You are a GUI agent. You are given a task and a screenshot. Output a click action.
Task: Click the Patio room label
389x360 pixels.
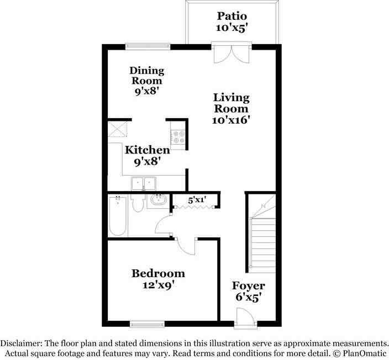click(232, 17)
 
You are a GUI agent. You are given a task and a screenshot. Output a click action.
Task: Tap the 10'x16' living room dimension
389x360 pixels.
click(231, 120)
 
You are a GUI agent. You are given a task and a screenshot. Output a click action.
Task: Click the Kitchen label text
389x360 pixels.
click(148, 150)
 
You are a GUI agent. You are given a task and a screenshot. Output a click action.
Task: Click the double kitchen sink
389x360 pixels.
click(144, 183)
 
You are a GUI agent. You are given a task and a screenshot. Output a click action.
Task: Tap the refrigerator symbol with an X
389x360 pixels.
click(118, 129)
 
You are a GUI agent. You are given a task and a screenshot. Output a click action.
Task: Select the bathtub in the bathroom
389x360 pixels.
click(118, 216)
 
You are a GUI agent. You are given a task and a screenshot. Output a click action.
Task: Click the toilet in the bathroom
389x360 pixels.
click(138, 203)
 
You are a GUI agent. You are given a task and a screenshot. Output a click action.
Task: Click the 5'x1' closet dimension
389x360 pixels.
click(197, 200)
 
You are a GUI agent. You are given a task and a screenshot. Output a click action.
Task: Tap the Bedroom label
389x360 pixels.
click(158, 273)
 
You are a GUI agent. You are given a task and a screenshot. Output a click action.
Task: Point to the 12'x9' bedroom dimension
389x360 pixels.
click(158, 285)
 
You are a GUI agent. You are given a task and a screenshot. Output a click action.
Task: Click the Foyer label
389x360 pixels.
click(248, 286)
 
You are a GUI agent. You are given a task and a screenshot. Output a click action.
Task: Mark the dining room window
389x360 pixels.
click(148, 46)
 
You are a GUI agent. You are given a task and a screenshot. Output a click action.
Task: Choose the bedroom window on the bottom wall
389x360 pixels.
click(147, 324)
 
